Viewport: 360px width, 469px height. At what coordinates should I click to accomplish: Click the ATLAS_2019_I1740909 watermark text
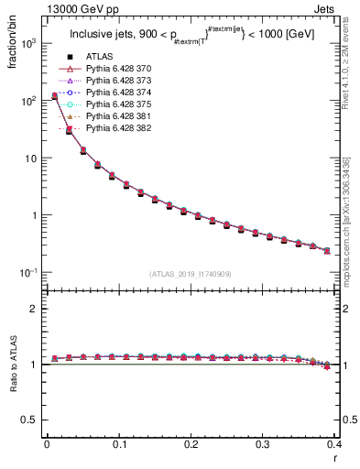tap(191, 274)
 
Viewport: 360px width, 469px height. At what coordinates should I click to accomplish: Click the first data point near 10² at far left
tap(54, 95)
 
